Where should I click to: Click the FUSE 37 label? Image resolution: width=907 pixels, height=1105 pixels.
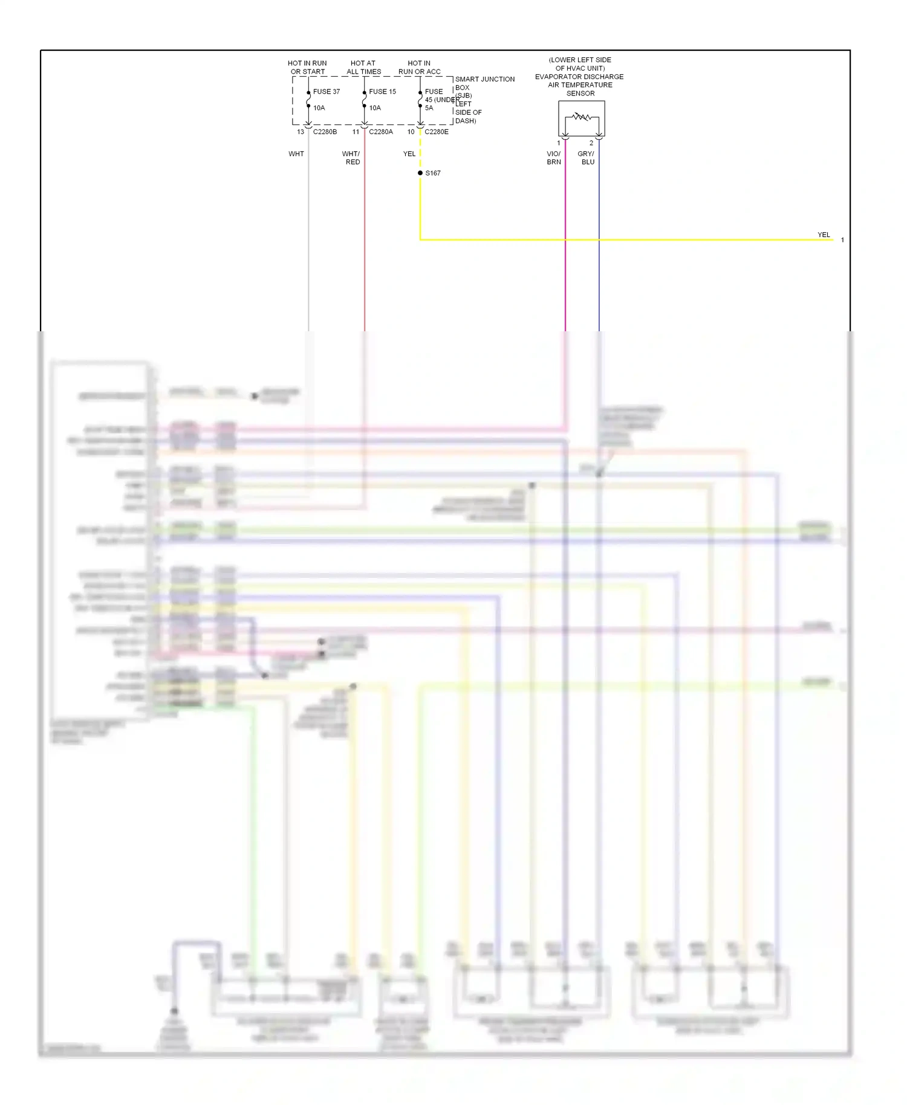pos(327,92)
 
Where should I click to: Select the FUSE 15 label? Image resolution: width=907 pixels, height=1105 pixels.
pos(382,92)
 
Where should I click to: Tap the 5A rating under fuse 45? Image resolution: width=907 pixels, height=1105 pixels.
pos(429,108)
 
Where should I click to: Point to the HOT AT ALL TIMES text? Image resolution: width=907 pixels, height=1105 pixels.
pos(363,67)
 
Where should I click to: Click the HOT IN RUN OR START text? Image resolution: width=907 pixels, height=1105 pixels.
pos(307,67)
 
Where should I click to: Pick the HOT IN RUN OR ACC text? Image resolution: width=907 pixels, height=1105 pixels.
pos(419,67)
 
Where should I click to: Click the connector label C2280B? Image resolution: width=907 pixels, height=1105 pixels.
pos(325,132)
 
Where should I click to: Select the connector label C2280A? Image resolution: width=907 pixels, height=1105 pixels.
pos(381,132)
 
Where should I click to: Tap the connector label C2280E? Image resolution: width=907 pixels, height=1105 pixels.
pos(437,132)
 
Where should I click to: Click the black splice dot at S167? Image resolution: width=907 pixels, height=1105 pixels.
pos(420,173)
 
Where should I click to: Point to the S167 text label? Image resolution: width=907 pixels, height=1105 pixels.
pos(433,173)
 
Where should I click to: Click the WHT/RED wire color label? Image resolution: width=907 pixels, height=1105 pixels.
pos(351,158)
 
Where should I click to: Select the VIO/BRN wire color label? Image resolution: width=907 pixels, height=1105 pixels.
pos(554,158)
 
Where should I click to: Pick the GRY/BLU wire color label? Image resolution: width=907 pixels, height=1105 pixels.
pos(587,158)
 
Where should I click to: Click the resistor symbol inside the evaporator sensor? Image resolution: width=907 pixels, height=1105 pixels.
pos(582,116)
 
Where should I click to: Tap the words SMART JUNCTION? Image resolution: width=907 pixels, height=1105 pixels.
pos(485,79)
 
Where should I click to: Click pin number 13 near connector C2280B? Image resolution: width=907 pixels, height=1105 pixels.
pos(301,132)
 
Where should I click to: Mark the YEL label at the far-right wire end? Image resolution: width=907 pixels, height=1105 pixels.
pos(824,235)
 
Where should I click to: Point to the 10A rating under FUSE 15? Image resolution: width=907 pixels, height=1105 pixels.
pos(375,108)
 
